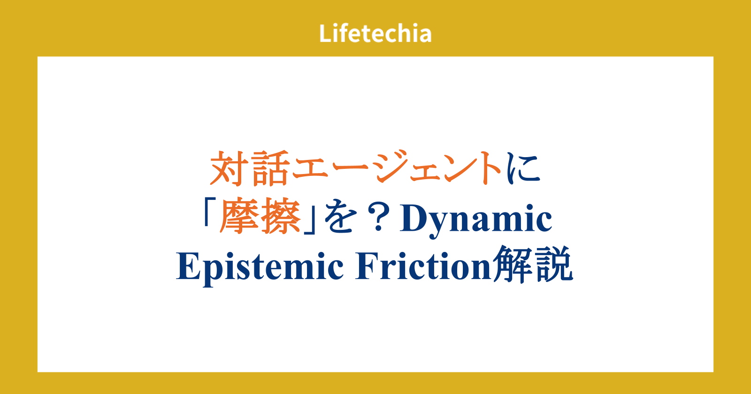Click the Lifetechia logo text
click(x=375, y=33)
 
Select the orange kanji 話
click(x=270, y=168)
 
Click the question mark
click(x=378, y=218)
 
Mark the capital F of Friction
click(x=368, y=266)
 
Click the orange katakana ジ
click(x=391, y=167)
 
